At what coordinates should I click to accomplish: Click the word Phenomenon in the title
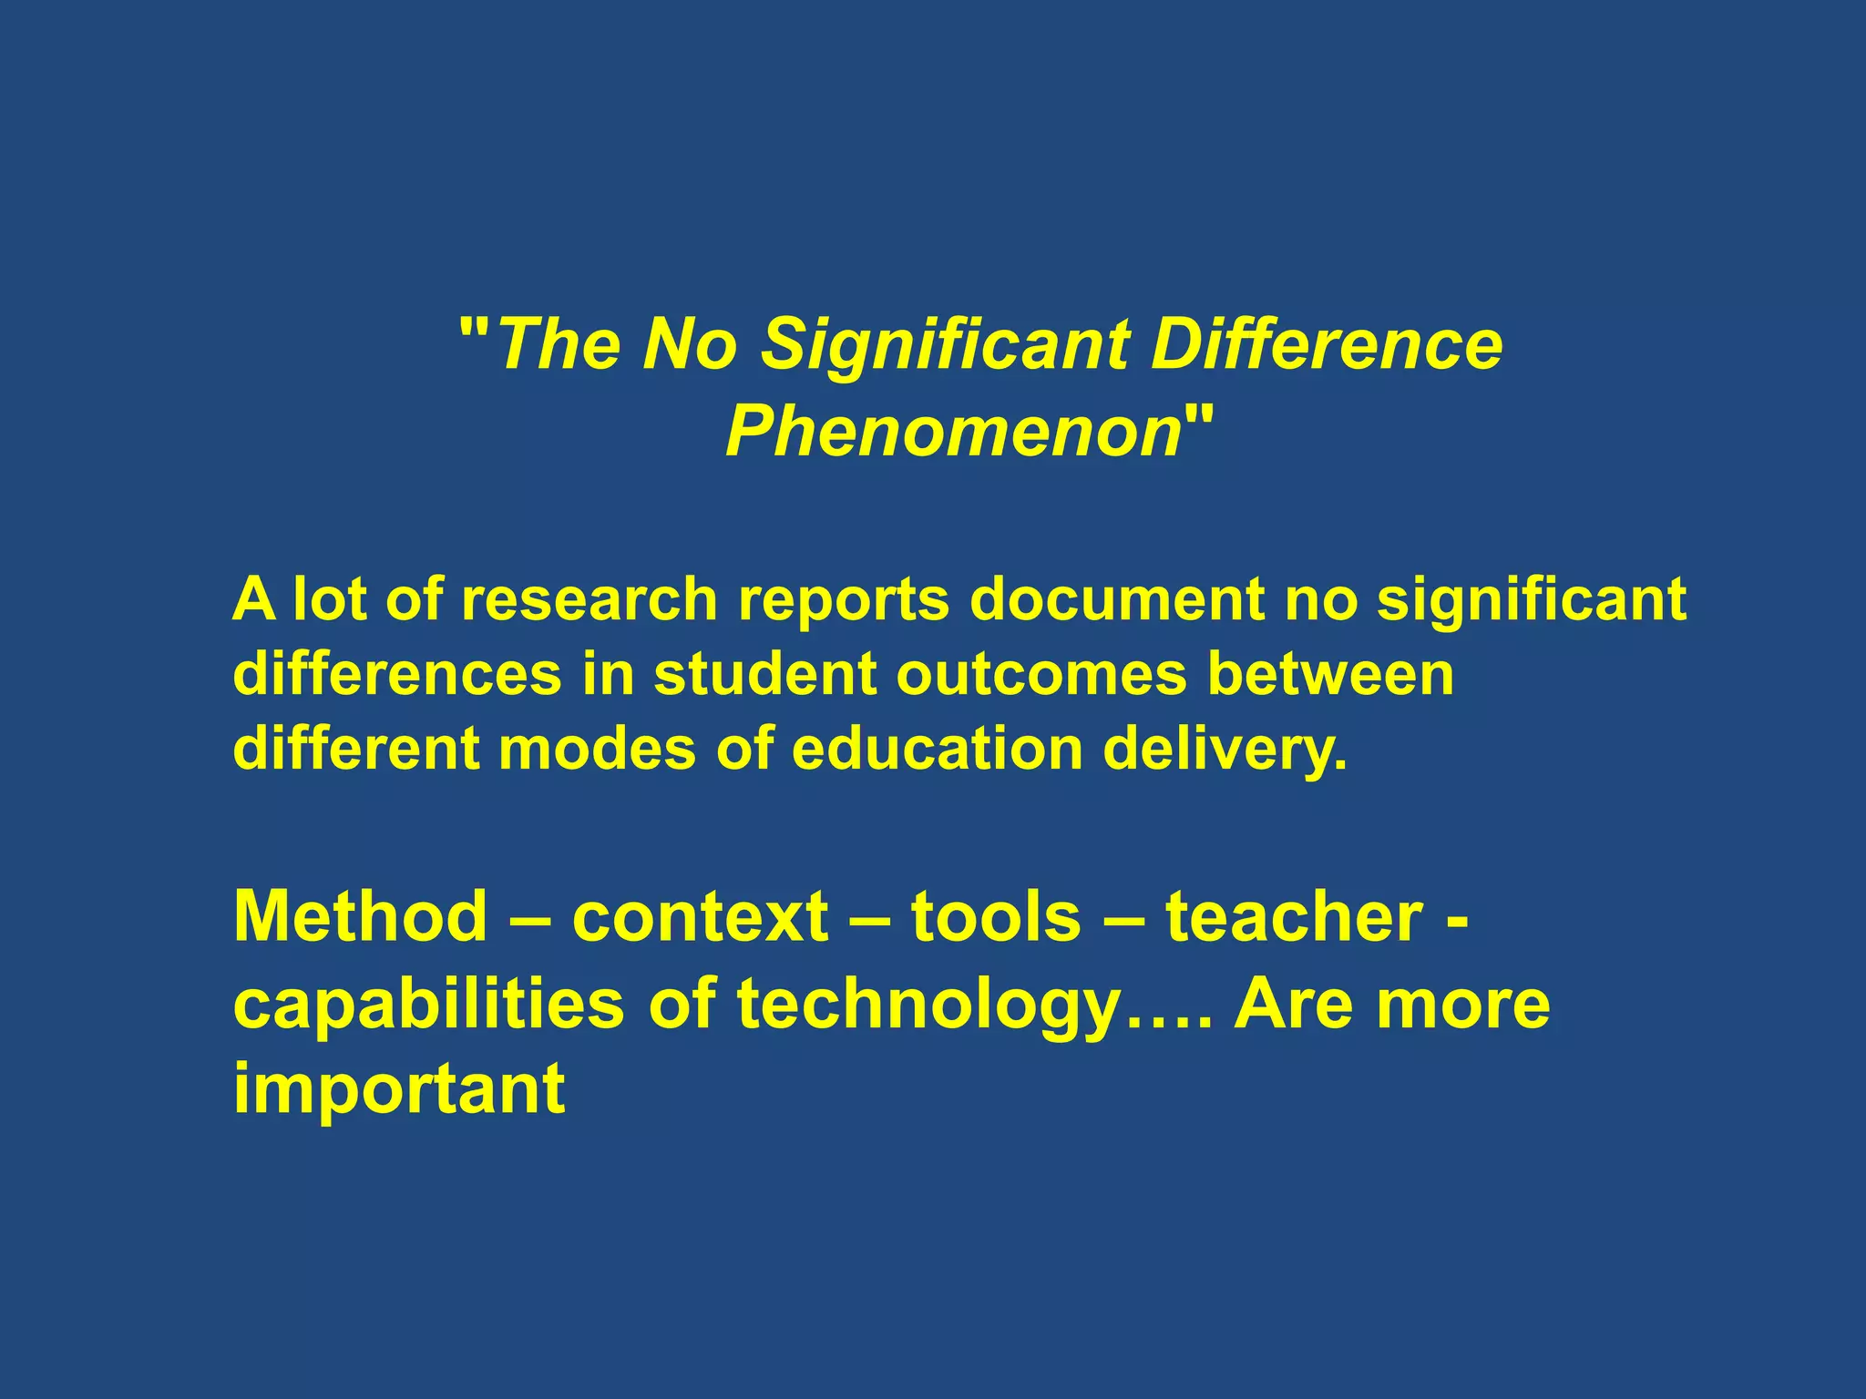pyautogui.click(x=953, y=432)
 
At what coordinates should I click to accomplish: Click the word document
pyautogui.click(x=1116, y=600)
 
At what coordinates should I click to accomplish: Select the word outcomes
pyautogui.click(x=1041, y=675)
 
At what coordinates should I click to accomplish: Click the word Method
pyautogui.click(x=361, y=916)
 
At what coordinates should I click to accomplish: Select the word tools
pyautogui.click(x=996, y=916)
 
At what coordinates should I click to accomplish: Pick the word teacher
pyautogui.click(x=1294, y=916)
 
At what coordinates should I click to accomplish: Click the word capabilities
pyautogui.click(x=429, y=1005)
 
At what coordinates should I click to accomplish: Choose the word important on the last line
pyautogui.click(x=399, y=1090)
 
